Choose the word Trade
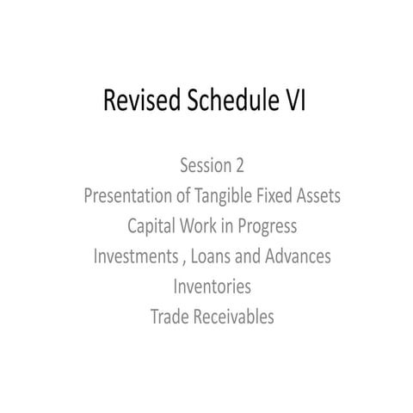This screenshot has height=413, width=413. [169, 317]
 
